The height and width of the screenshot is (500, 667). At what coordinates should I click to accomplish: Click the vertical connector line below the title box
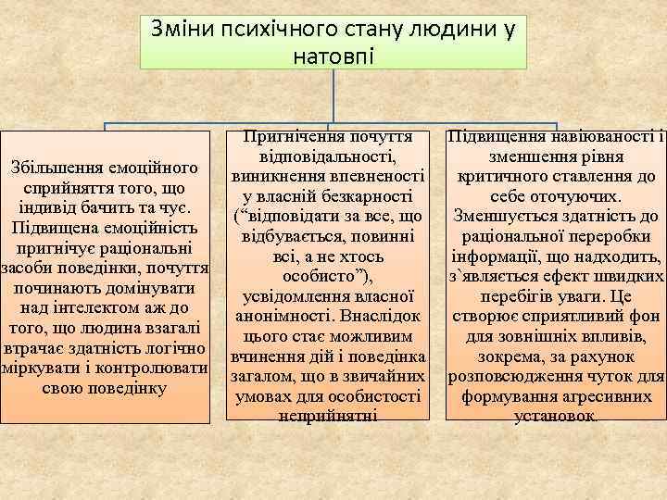pyautogui.click(x=333, y=96)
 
